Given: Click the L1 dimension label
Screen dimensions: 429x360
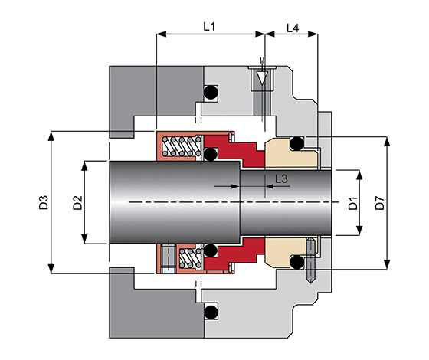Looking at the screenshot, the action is tap(209, 27).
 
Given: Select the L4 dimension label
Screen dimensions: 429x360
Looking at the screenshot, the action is tap(293, 28).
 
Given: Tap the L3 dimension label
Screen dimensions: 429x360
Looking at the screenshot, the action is tap(281, 179).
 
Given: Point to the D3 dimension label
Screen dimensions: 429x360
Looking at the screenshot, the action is tap(44, 202).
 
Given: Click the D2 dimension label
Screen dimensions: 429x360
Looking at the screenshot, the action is tap(77, 202).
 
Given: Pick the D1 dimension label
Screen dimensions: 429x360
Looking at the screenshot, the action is tap(353, 203).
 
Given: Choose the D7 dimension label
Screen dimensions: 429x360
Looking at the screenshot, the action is tap(380, 203).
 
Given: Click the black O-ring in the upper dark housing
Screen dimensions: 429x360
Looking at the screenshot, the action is tap(211, 92).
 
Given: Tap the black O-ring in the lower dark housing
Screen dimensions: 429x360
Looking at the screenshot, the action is tap(211, 311).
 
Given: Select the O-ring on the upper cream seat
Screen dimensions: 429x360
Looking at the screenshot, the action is tap(297, 143).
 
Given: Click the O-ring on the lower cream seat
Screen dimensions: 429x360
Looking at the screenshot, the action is tap(297, 262).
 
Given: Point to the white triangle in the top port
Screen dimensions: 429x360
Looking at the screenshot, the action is tap(262, 78).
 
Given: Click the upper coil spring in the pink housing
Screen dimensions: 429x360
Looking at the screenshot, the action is tap(182, 146).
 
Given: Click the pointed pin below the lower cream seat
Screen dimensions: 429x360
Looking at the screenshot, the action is tap(311, 260).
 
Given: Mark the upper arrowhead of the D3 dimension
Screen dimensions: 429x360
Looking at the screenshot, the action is tap(51, 136).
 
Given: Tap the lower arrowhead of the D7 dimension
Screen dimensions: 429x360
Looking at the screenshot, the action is tap(387, 264).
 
